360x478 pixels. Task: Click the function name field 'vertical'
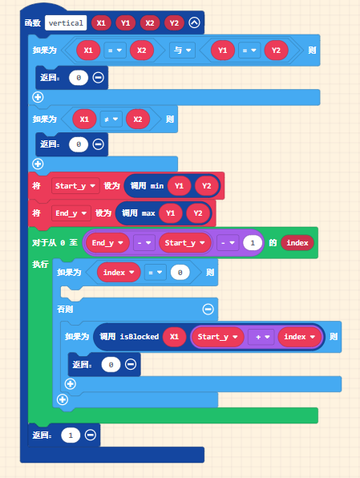66,23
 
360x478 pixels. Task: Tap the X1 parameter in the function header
101,23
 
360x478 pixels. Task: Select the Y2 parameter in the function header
174,23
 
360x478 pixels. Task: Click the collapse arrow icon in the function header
195,22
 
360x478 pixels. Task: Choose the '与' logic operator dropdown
182,50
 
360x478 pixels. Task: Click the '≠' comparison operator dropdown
111,119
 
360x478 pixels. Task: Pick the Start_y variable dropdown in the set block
75,185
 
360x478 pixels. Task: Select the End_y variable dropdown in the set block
71,213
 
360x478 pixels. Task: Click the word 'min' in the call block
157,186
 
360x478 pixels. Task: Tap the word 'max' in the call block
148,213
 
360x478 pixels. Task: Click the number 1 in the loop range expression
253,243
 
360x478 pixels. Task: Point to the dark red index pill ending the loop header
297,243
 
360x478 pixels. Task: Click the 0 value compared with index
180,272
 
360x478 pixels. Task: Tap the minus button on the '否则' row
208,309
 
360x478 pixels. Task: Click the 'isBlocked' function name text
140,337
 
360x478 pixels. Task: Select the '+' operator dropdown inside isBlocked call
261,337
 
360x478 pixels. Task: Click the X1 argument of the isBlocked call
174,337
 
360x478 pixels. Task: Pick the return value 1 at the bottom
71,435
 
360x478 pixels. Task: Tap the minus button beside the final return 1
91,435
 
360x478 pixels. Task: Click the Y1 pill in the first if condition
223,50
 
